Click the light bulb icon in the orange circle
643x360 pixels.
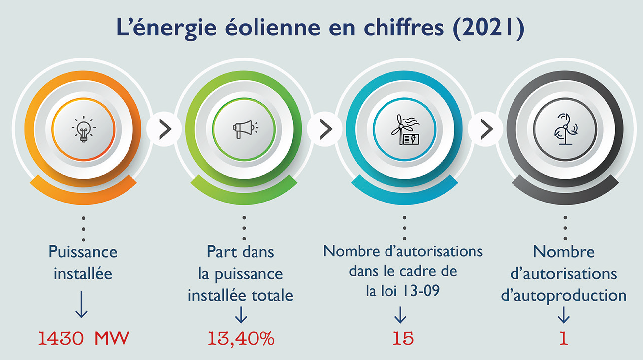tap(83, 129)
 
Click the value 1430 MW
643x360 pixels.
tap(83, 338)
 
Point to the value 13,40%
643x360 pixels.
tap(241, 338)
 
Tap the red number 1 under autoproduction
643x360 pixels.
tap(563, 338)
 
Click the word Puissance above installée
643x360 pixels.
tap(83, 252)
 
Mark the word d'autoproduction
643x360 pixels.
tap(563, 295)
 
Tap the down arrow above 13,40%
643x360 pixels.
tap(241, 314)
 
